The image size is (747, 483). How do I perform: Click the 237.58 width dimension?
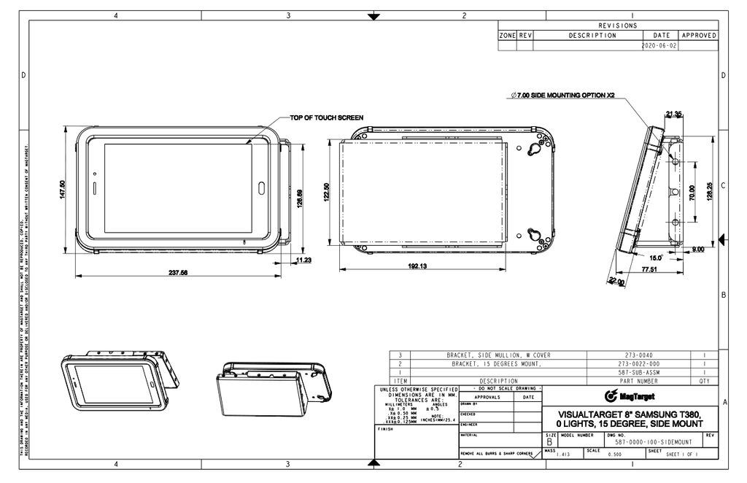[179, 273]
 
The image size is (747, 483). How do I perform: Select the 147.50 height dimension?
[62, 190]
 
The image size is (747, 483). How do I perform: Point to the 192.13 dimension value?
[418, 266]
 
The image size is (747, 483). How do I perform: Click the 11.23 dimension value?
[303, 259]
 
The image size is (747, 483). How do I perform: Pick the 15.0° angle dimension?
[655, 258]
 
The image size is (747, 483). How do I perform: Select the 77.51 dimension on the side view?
[650, 269]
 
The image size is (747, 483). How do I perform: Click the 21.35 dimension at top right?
[673, 114]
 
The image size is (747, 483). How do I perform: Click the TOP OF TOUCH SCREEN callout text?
[326, 117]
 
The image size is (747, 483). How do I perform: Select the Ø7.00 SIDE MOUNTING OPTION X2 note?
[563, 96]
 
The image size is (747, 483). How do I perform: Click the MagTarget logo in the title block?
[630, 396]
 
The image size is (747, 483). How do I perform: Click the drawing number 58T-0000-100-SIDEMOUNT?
[653, 442]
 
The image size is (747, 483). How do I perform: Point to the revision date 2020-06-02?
[659, 45]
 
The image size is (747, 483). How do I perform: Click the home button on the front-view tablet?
[261, 188]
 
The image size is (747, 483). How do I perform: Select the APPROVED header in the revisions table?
[698, 35]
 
